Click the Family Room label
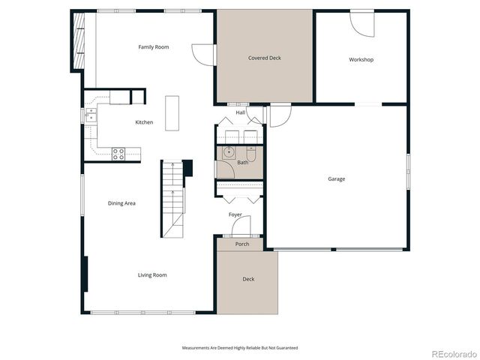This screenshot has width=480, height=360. click(153, 47)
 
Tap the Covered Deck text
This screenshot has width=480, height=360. click(264, 58)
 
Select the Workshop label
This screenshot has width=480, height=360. click(361, 59)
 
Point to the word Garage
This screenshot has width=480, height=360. click(336, 178)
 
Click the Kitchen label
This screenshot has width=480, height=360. click(144, 122)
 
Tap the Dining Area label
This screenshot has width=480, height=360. click(121, 203)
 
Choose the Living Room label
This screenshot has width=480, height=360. click(152, 275)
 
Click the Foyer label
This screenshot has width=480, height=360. click(235, 214)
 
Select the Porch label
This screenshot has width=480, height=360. click(242, 244)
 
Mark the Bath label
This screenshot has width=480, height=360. click(243, 162)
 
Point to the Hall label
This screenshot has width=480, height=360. click(241, 112)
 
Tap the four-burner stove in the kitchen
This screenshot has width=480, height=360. click(118, 154)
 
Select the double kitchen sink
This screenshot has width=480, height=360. click(91, 115)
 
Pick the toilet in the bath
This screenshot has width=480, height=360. click(253, 154)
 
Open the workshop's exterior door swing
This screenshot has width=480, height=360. click(362, 24)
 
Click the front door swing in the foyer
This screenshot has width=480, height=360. click(241, 229)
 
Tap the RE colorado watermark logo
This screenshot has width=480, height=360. click(450, 353)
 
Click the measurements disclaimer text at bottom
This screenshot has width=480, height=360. click(240, 347)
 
